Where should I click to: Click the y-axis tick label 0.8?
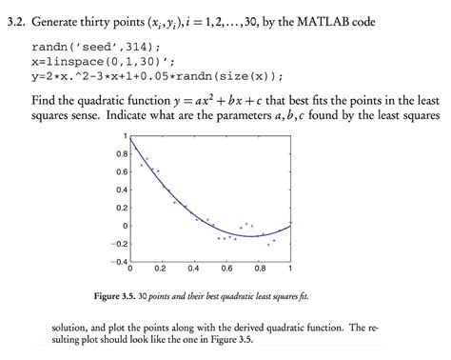120,152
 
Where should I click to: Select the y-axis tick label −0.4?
118,259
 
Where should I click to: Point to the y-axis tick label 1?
125,135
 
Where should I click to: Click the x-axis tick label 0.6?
225,268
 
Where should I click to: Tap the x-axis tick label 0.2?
161,268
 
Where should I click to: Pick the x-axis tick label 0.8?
258,268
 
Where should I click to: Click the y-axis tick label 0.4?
120,189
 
